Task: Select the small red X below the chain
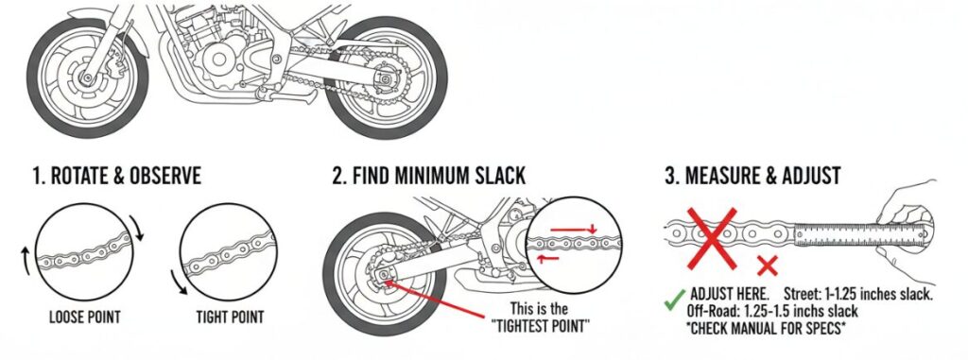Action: tap(768, 266)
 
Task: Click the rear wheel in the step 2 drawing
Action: tap(379, 275)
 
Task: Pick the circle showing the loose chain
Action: tap(83, 254)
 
